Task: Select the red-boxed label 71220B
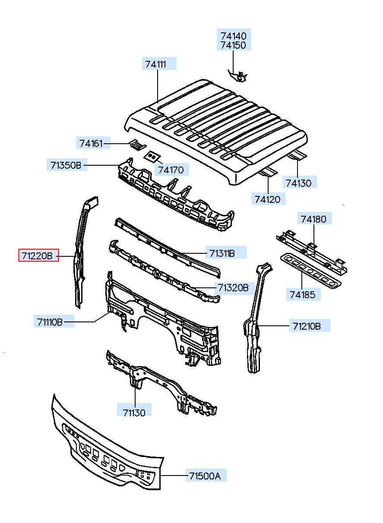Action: pyautogui.click(x=38, y=256)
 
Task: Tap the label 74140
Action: pyautogui.click(x=234, y=35)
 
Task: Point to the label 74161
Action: pyautogui.click(x=91, y=143)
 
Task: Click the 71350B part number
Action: pyautogui.click(x=66, y=165)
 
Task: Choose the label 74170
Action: pyautogui.click(x=171, y=170)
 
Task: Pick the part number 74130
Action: pyautogui.click(x=298, y=183)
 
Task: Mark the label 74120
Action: pyautogui.click(x=267, y=199)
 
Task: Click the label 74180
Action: pyautogui.click(x=313, y=219)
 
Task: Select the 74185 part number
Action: pyautogui.click(x=303, y=295)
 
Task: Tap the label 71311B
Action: pyautogui.click(x=222, y=253)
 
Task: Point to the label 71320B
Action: pyautogui.click(x=233, y=287)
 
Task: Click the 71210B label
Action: pyautogui.click(x=307, y=326)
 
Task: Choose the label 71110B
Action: pyautogui.click(x=50, y=321)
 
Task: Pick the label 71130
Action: pyautogui.click(x=134, y=412)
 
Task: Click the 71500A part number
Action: pyautogui.click(x=205, y=476)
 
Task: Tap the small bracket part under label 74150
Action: pyautogui.click(x=238, y=76)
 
